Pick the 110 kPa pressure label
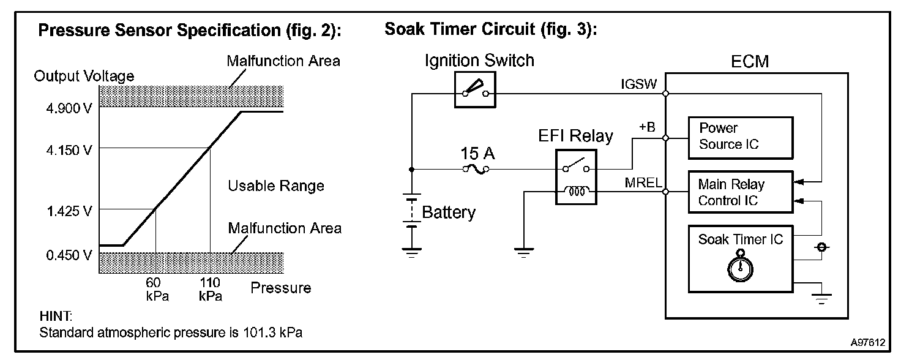210,289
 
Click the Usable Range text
275,186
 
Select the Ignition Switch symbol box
475,92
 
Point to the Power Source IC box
741,137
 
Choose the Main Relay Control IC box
741,192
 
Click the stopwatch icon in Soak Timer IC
740,268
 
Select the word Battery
449,212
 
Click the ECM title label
750,62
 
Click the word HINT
55,317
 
